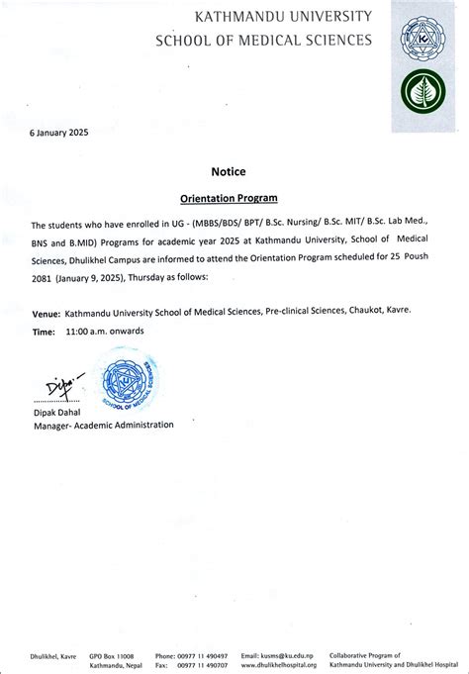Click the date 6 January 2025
(59, 132)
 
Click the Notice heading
(229, 171)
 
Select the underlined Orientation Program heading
(229, 198)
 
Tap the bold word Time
(43, 332)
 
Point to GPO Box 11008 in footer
(111, 655)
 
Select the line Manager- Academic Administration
(103, 425)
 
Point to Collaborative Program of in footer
(366, 655)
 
